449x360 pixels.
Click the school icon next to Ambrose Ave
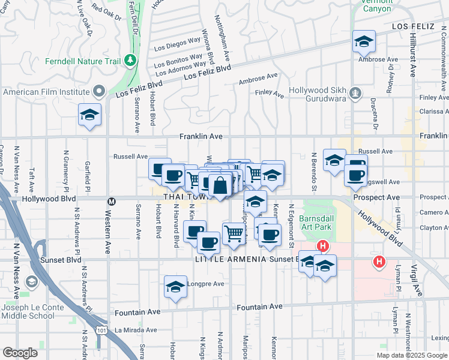[x=363, y=41]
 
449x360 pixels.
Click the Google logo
[x=20, y=353]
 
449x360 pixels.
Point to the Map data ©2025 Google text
[x=412, y=355]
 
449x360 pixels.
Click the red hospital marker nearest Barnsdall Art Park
[x=323, y=246]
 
